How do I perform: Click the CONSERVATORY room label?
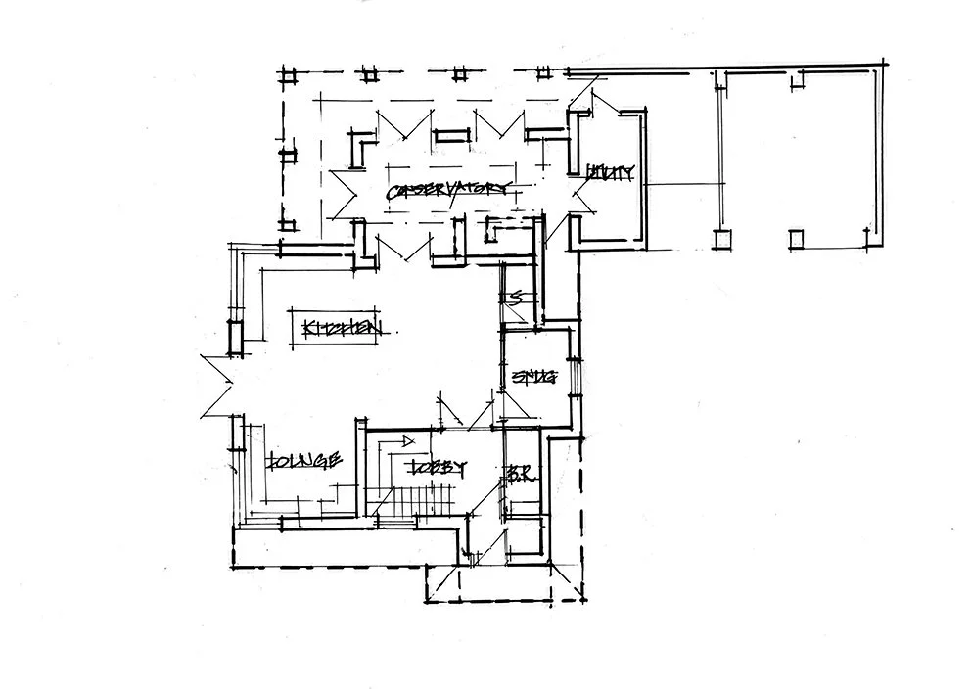448,192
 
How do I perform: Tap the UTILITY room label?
611,173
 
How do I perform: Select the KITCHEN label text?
341,329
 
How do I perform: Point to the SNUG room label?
534,376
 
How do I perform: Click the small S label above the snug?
511,298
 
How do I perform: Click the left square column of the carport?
723,239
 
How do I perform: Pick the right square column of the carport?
797,239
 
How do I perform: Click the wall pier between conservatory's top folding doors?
451,136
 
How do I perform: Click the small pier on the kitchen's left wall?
236,336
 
